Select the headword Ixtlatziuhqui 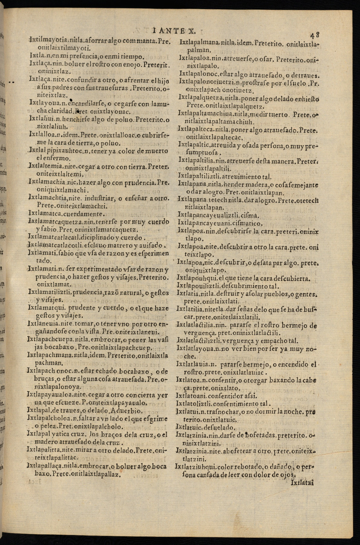coord(195,467)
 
